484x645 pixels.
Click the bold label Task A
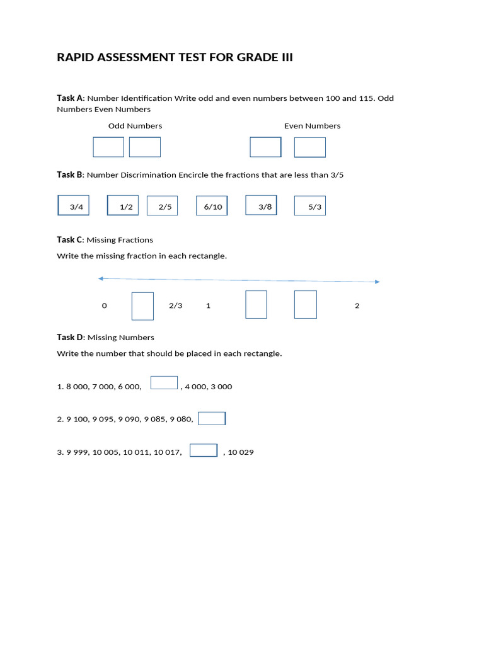coord(70,98)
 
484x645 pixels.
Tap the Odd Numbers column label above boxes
coord(135,126)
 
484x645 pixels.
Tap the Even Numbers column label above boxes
coord(312,126)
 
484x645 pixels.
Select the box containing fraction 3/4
coord(74,205)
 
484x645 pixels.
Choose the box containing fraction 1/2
coord(123,205)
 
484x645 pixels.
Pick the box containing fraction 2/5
coord(163,205)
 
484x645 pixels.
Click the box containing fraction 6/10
coord(212,205)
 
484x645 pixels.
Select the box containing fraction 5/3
coord(310,205)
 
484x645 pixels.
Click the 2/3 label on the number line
coord(175,305)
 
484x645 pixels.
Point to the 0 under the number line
coord(105,305)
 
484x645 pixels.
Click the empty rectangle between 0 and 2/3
coord(142,305)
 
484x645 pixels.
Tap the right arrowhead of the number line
coord(377,282)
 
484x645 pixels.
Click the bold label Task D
coord(70,337)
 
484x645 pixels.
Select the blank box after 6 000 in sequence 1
coord(164,383)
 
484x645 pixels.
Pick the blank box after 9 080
coord(212,418)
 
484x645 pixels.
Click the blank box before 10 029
coord(204,450)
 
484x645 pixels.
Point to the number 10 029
coord(241,452)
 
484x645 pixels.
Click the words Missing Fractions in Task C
coord(120,240)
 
